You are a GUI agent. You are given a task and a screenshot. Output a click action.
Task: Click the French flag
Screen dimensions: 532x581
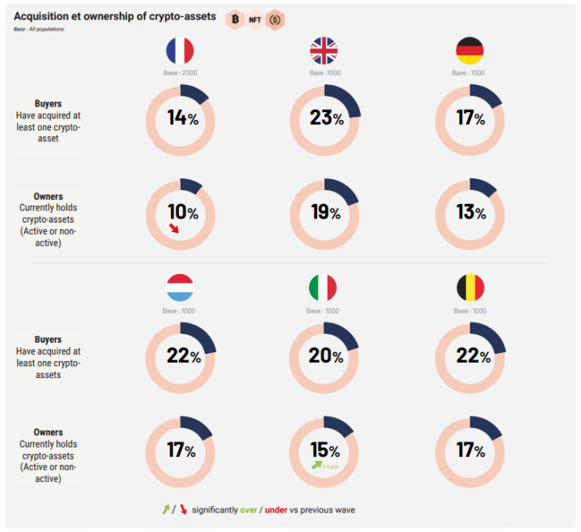[x=180, y=52]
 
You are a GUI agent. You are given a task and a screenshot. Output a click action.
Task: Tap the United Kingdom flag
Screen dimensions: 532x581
[x=324, y=52]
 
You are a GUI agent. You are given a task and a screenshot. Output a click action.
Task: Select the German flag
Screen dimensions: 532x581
[x=470, y=52]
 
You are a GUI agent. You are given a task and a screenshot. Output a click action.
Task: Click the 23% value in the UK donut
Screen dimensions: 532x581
[x=326, y=118]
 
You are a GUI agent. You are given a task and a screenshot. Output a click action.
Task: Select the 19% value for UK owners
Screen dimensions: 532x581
[x=326, y=213]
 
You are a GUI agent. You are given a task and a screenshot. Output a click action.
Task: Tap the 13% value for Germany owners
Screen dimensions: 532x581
[x=470, y=213]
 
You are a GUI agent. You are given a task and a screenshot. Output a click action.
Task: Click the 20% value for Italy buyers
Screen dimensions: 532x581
[x=326, y=355]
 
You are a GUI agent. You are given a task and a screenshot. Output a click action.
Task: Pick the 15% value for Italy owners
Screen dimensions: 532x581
[x=326, y=450]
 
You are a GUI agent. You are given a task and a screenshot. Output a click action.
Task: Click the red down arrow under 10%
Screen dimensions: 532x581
[x=173, y=229]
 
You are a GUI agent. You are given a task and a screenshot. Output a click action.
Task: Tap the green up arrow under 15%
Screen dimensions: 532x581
[x=317, y=465]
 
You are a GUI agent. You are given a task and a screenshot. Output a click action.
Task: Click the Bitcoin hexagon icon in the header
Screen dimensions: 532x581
[x=235, y=19]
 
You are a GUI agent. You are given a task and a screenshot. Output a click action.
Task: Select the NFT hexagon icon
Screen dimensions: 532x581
[x=254, y=19]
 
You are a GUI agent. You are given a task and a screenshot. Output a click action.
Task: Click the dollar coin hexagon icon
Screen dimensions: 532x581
[x=274, y=19]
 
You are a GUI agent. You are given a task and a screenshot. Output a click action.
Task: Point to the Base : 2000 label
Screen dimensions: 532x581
[x=180, y=73]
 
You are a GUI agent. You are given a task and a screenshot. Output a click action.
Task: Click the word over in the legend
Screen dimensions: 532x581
[x=249, y=510]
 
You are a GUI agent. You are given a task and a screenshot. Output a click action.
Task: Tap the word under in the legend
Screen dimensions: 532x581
[x=276, y=510]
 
